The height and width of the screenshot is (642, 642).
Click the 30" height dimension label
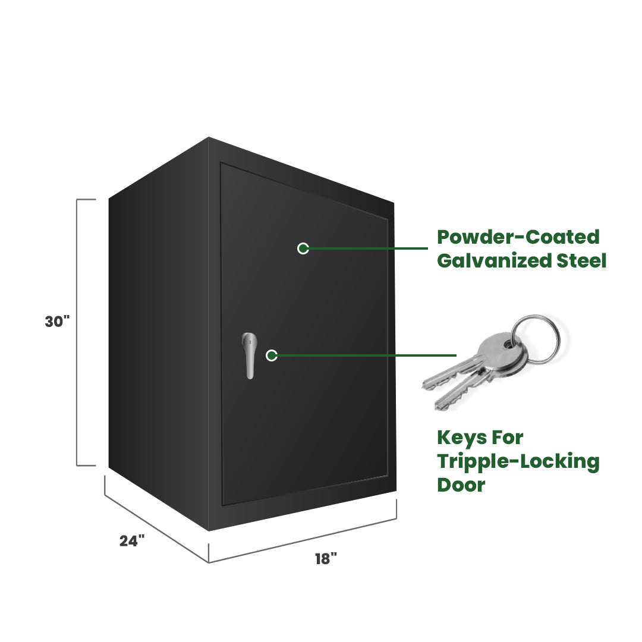[x=57, y=322]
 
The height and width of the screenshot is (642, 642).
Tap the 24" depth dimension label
[x=132, y=541]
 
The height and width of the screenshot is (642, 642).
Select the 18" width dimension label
[x=326, y=559]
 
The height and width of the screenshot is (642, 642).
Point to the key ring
[x=537, y=338]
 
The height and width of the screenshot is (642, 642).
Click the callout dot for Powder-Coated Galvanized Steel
[x=303, y=248]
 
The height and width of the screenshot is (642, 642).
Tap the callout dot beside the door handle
[x=272, y=355]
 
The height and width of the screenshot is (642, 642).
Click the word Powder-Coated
[x=518, y=237]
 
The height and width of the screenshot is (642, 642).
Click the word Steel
[x=581, y=260]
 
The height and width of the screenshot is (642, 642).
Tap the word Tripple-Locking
[x=518, y=461]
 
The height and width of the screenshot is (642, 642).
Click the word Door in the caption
[x=461, y=484]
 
